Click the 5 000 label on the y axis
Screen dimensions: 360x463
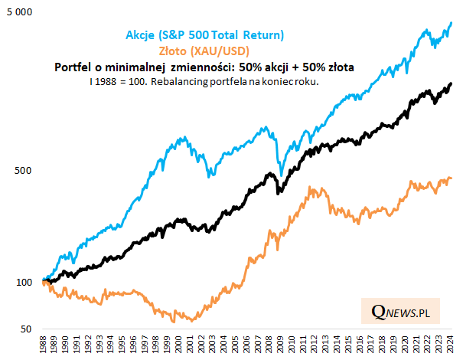19,13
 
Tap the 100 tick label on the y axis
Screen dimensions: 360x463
24,282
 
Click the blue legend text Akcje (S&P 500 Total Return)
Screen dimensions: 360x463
205,34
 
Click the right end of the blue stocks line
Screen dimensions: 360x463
452,22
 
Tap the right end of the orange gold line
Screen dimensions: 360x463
452,178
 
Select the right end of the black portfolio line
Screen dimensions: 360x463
452,83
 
